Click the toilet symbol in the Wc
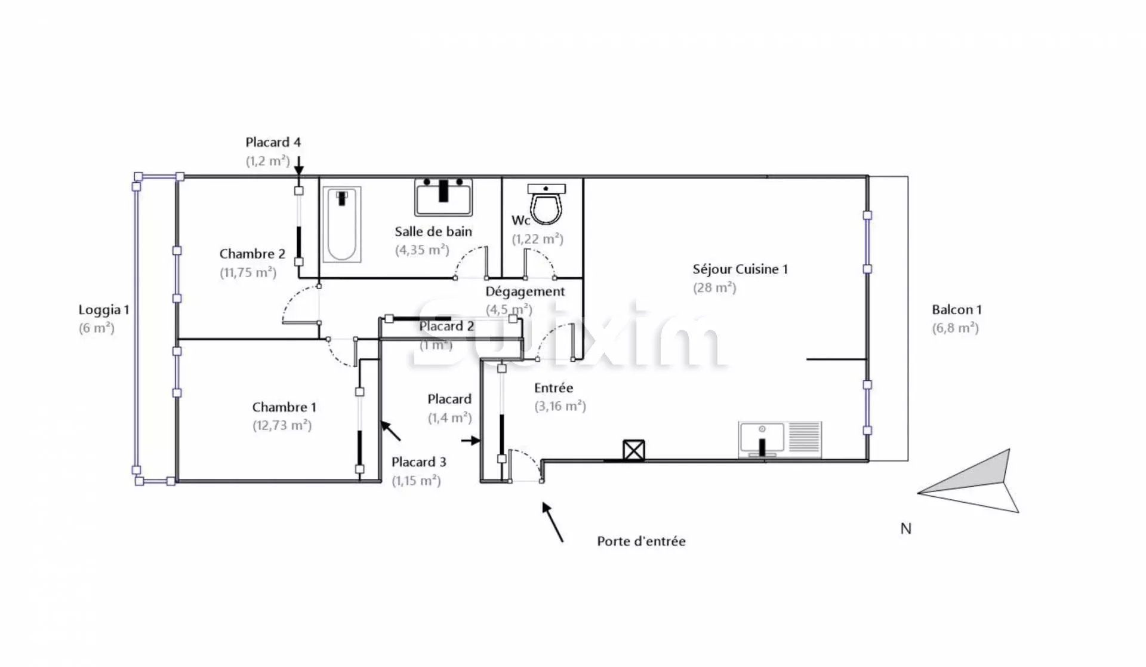coord(546,205)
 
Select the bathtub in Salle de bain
coord(342,225)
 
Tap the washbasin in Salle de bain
coord(443,197)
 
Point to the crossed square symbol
coord(633,450)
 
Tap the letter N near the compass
coord(905,528)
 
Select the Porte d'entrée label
coord(641,541)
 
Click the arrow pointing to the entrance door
coord(552,521)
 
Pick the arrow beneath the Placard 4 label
coord(298,164)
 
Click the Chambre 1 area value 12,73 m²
coord(282,426)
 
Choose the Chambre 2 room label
coord(252,254)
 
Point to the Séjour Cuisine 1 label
coord(740,269)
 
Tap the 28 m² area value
coord(714,288)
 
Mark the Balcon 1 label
coord(956,310)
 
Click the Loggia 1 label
coord(104,310)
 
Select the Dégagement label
coord(525,291)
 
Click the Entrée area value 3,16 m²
coord(560,406)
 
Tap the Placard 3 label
coord(418,462)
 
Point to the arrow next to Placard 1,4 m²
coord(471,441)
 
